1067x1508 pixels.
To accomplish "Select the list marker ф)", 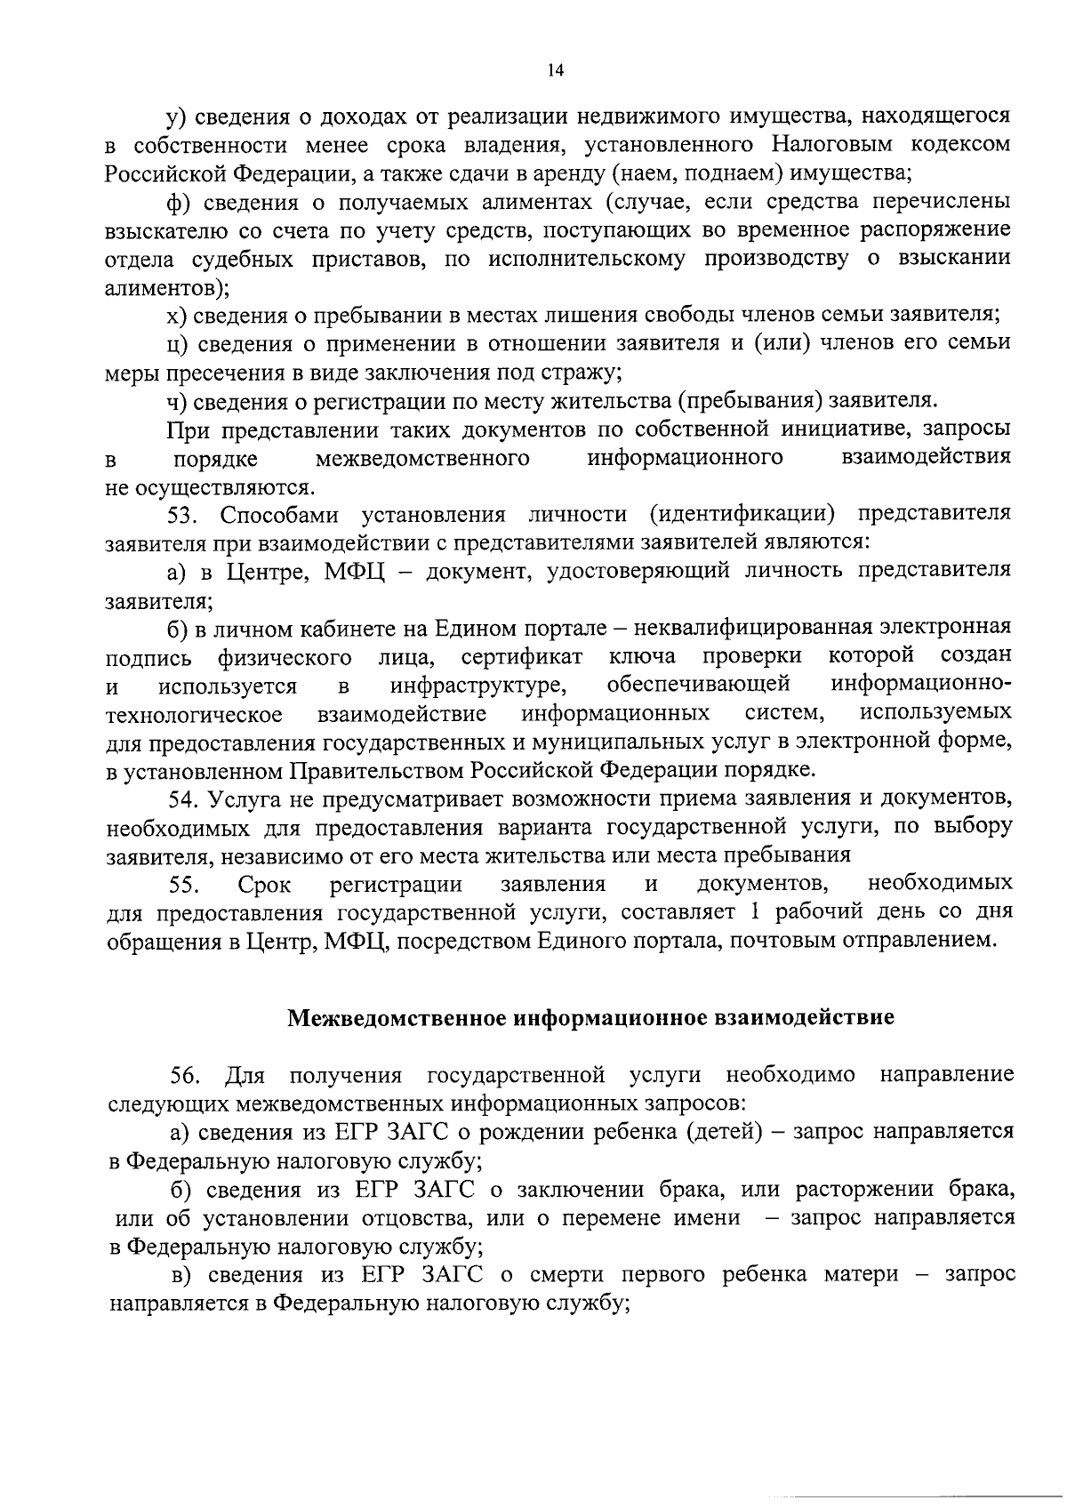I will tap(180, 202).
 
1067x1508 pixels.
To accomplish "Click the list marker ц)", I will tap(180, 344).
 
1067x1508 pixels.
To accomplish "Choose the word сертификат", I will tap(522, 657).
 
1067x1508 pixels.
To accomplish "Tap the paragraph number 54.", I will tap(184, 798).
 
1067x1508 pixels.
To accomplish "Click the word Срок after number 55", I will tap(263, 885).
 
